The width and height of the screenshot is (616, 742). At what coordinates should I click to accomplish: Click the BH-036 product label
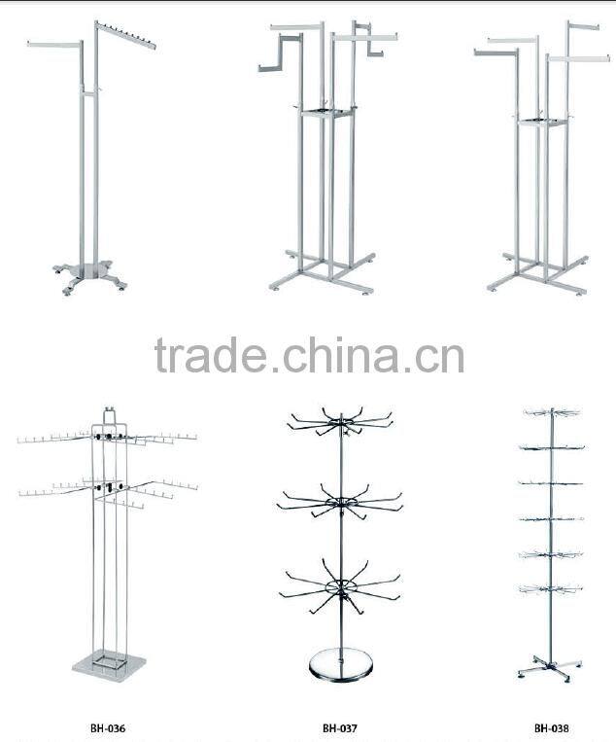(x=109, y=726)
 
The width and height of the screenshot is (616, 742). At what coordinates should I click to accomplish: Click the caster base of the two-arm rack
(x=89, y=272)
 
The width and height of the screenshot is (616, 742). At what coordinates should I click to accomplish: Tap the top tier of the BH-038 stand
(x=550, y=414)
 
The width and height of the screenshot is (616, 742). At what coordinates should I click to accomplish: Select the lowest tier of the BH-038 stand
(x=550, y=586)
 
